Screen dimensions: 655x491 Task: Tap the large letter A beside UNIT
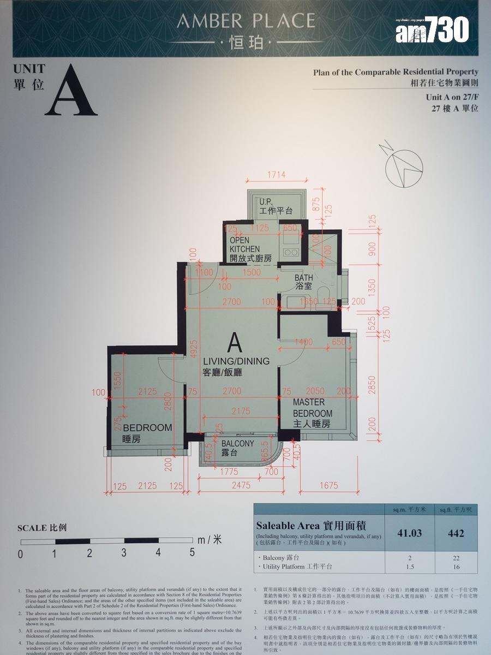[71, 91]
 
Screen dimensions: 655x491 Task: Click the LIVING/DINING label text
[236, 361]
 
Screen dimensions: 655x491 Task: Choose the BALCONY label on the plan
[237, 444]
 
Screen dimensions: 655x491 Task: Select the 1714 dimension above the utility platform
[277, 175]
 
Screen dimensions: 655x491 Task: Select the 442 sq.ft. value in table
[456, 533]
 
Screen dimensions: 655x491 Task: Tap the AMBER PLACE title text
[246, 21]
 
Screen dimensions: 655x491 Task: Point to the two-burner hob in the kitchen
[290, 252]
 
